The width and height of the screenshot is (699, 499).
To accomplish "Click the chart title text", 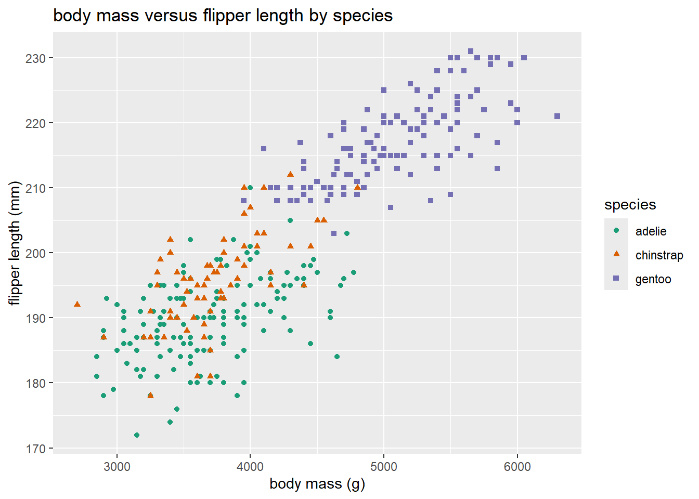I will tap(223, 16).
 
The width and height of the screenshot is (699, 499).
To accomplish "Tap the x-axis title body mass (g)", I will tap(317, 484).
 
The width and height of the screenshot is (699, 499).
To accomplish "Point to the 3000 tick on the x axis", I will tap(117, 466).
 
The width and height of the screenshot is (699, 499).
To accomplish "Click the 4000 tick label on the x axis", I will tap(250, 466).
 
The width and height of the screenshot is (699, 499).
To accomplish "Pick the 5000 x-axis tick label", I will tap(384, 466).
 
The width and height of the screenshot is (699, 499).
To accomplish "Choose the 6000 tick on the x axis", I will tap(517, 466).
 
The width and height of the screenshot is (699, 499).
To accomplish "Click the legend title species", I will tap(630, 205).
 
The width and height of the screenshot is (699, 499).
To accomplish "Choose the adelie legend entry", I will tap(651, 231).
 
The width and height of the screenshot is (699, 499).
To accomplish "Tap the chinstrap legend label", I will tap(659, 255).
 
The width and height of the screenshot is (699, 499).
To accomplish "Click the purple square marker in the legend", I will tap(616, 279).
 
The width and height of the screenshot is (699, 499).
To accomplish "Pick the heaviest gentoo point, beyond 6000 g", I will tap(557, 116).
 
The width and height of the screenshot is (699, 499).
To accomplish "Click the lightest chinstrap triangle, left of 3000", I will tap(77, 304).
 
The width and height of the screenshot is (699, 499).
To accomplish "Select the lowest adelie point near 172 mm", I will tap(137, 435).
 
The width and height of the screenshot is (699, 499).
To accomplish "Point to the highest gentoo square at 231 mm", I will tap(471, 51).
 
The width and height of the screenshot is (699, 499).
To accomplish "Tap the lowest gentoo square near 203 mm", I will tap(334, 233).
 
